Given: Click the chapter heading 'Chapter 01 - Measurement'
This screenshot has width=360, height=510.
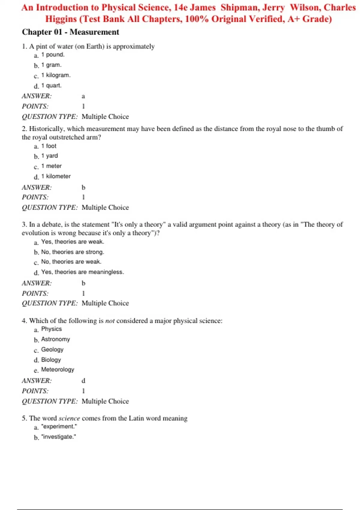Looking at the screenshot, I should (x=70, y=32).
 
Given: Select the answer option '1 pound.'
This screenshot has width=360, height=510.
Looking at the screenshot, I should (x=53, y=55).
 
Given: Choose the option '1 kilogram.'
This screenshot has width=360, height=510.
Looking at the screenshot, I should (x=56, y=75).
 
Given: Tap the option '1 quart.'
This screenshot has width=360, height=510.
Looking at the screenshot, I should (x=51, y=85).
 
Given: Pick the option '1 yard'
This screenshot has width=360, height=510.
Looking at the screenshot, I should (x=49, y=156).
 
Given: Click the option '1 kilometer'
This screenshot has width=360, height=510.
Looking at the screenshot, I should (x=56, y=176).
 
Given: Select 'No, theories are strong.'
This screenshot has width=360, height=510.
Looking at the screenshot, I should (x=73, y=252).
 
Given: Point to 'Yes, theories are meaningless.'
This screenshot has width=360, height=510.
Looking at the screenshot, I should (x=82, y=272).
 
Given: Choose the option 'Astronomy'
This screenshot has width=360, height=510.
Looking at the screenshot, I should (x=55, y=339).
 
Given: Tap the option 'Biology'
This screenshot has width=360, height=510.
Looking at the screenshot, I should (x=51, y=360).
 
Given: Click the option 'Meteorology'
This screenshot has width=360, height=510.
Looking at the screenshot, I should (x=58, y=370).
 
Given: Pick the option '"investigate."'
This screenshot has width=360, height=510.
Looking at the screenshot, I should (x=58, y=437).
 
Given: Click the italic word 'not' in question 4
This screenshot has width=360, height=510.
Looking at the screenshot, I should (x=110, y=321).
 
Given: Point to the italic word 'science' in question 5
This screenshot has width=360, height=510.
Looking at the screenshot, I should (x=69, y=418).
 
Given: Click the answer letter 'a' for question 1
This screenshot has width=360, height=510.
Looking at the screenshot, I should (x=83, y=96).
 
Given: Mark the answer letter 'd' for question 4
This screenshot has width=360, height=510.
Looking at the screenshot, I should (x=83, y=381).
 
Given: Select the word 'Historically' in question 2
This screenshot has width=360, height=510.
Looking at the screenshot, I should (x=46, y=129).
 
